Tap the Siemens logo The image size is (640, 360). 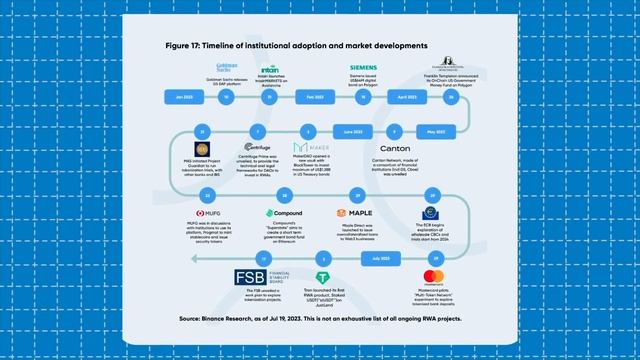(363, 67)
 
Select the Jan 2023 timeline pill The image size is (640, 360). (183, 98)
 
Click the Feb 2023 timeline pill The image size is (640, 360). (314, 98)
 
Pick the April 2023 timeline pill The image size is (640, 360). (407, 98)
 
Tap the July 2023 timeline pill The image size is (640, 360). (379, 259)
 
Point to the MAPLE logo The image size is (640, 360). (355, 213)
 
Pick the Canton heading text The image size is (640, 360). (367, 149)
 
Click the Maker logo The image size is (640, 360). (311, 148)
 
